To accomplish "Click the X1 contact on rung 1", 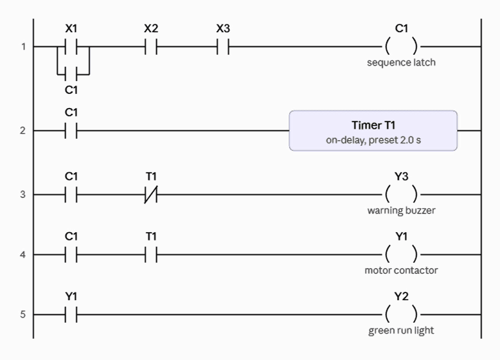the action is pyautogui.click(x=71, y=47).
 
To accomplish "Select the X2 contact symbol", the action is pyautogui.click(x=151, y=47).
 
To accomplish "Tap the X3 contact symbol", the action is pyautogui.click(x=223, y=47).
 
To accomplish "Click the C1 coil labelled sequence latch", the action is pyautogui.click(x=401, y=46).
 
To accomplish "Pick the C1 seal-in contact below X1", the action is pyautogui.click(x=71, y=75).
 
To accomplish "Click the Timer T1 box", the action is pyautogui.click(x=373, y=130).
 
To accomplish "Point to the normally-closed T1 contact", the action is pyautogui.click(x=151, y=195).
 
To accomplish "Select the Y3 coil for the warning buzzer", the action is pyautogui.click(x=401, y=194).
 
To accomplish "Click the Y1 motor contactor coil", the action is pyautogui.click(x=401, y=255).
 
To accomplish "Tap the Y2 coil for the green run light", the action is pyautogui.click(x=401, y=314).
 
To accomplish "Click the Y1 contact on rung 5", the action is pyautogui.click(x=71, y=315).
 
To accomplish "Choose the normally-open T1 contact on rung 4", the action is pyautogui.click(x=151, y=255).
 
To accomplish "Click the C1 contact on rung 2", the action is pyautogui.click(x=71, y=130).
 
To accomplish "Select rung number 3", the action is pyautogui.click(x=22, y=195).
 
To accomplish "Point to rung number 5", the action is pyautogui.click(x=22, y=315).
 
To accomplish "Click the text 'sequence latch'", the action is pyautogui.click(x=401, y=62).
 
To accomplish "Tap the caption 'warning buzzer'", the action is pyautogui.click(x=401, y=210).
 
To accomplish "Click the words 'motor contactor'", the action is pyautogui.click(x=401, y=271).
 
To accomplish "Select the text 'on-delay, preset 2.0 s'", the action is pyautogui.click(x=373, y=140).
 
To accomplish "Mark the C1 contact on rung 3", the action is pyautogui.click(x=71, y=195).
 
